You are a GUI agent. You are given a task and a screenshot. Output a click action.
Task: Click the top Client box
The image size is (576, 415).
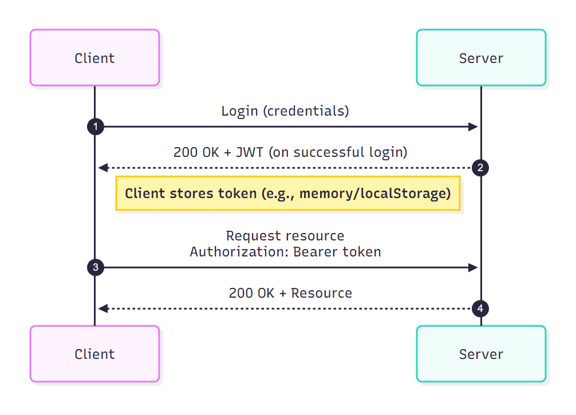tap(94, 58)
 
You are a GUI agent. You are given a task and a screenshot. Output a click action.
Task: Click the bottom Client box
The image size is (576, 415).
tap(94, 354)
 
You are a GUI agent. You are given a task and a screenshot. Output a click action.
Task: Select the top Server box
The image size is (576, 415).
tap(481, 58)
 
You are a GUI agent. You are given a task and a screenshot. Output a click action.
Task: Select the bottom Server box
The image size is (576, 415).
tap(481, 354)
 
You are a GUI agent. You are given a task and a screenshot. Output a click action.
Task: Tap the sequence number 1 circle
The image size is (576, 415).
tap(95, 127)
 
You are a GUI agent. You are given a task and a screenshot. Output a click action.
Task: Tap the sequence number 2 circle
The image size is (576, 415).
tap(480, 168)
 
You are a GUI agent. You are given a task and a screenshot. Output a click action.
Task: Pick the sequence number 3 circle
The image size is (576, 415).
tap(95, 267)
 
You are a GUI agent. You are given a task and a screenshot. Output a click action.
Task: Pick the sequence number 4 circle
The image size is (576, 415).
tap(480, 309)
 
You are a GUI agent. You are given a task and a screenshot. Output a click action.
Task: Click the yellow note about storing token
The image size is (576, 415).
tap(288, 193)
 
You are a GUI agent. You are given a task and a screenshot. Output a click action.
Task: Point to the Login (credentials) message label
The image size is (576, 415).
tap(285, 111)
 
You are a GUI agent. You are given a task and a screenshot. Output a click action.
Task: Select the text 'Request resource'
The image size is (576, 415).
tap(285, 236)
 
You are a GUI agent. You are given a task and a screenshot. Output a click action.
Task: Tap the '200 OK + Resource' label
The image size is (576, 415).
tap(290, 293)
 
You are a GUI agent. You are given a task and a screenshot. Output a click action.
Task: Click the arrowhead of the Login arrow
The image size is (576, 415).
tap(474, 127)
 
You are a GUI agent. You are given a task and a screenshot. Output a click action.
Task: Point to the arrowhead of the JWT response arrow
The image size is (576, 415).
tap(102, 168)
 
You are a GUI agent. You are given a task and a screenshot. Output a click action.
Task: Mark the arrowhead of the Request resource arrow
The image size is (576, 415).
tap(474, 267)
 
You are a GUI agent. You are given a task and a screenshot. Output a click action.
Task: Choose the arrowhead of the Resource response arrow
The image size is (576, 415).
tap(102, 309)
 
